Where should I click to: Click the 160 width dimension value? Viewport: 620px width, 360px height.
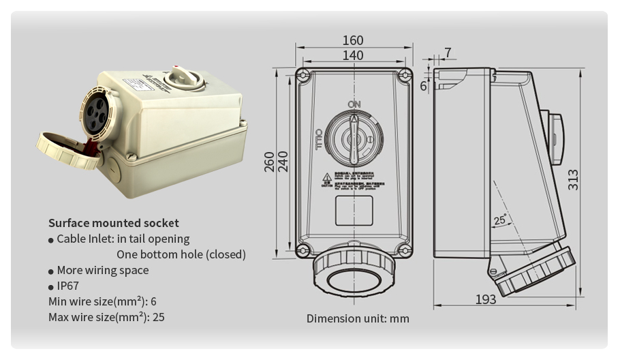(x=353, y=40)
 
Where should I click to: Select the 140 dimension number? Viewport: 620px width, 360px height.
(x=353, y=55)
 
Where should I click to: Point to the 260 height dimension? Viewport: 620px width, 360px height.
(x=270, y=161)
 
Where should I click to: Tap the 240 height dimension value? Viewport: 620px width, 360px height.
(x=283, y=161)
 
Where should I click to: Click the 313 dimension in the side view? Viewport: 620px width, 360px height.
(x=573, y=179)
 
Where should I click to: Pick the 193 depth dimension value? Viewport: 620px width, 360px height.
(x=485, y=299)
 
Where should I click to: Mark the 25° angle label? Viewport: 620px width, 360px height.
(x=499, y=220)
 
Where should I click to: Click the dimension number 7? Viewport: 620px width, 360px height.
(x=447, y=53)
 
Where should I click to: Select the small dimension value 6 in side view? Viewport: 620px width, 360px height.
(x=423, y=87)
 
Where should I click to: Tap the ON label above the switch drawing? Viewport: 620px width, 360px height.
(x=354, y=104)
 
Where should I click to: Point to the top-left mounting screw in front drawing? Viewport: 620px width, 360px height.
(x=303, y=74)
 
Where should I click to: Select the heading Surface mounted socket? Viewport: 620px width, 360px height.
(x=113, y=223)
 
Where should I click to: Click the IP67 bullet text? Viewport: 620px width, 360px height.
(x=68, y=286)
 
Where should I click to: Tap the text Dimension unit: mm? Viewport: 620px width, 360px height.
(x=358, y=318)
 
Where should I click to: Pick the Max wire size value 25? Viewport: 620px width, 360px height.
(x=158, y=317)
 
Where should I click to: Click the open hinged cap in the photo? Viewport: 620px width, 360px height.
(x=68, y=150)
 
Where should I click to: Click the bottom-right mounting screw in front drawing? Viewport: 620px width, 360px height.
(x=405, y=250)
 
